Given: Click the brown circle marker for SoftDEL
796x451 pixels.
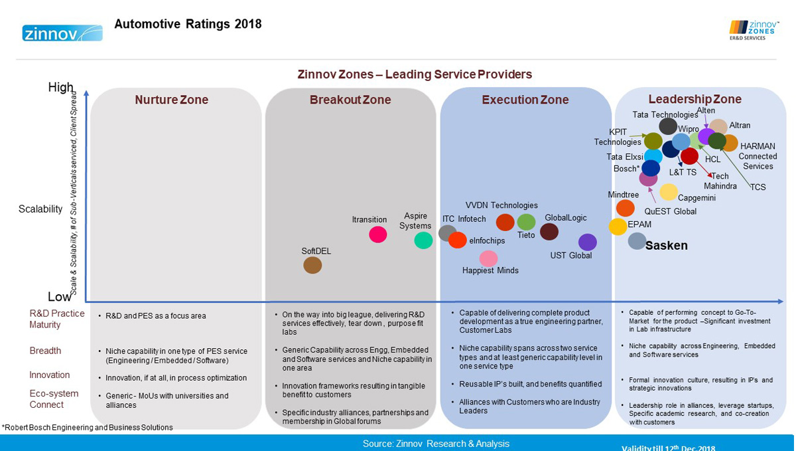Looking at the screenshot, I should point(312,265).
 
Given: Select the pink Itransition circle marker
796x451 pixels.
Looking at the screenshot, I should point(378,234).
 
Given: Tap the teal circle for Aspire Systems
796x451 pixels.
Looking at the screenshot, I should point(423,240).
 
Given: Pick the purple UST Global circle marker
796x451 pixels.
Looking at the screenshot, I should point(587,242).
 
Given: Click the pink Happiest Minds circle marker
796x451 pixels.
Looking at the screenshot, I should point(488,258).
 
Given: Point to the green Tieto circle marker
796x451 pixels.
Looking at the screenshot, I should point(526,222).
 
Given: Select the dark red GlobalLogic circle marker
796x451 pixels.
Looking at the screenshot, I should point(549,232).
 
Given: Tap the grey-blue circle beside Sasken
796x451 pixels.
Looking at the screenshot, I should point(637,241).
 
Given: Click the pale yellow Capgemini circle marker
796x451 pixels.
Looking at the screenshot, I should point(668,192).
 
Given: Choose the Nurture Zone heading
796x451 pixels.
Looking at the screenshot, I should point(171,100).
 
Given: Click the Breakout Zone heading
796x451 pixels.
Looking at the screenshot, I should point(350,100).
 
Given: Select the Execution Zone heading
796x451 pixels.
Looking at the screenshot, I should point(525,100).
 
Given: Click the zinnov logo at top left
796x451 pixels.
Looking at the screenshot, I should point(62,33).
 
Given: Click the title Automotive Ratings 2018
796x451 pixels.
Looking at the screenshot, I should point(188,25).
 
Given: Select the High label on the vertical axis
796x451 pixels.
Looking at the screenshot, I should point(61,88).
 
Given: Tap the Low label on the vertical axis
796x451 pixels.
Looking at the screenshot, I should point(60,297).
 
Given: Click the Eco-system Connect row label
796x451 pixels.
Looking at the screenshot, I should point(54,399).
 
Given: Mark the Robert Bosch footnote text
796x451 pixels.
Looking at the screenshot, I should point(87,427).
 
